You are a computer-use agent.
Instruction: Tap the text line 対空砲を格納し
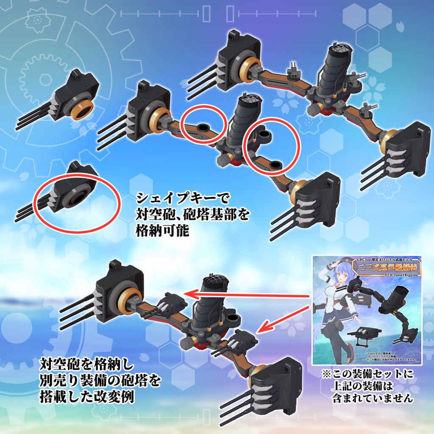pyautogui.click(x=86, y=364)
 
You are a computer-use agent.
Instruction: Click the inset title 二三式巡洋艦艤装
pyautogui.click(x=385, y=267)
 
